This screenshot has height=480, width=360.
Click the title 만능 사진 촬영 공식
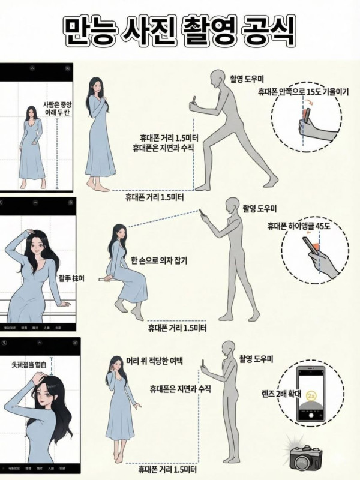[x=179, y=30]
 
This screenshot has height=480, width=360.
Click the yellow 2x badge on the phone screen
[x=311, y=397]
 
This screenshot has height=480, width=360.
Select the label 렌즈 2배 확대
[x=269, y=394]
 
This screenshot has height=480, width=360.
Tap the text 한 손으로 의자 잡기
[x=159, y=260]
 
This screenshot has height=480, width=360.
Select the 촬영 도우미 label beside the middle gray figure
[x=259, y=209]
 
